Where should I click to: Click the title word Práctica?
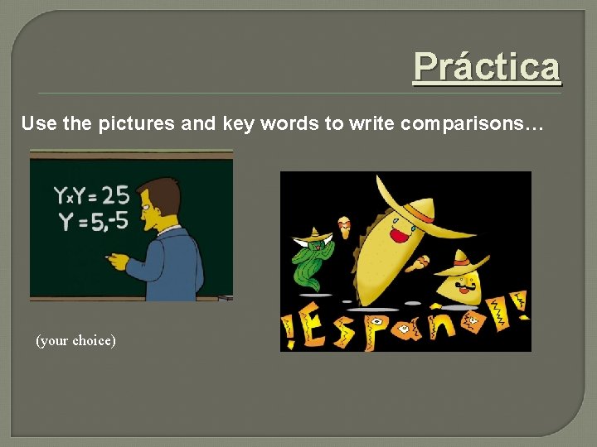[x=487, y=66]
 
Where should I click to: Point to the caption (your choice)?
[x=75, y=340]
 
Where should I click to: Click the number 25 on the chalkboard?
[x=115, y=195]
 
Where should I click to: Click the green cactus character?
[x=310, y=262]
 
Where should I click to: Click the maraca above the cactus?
[x=344, y=225]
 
